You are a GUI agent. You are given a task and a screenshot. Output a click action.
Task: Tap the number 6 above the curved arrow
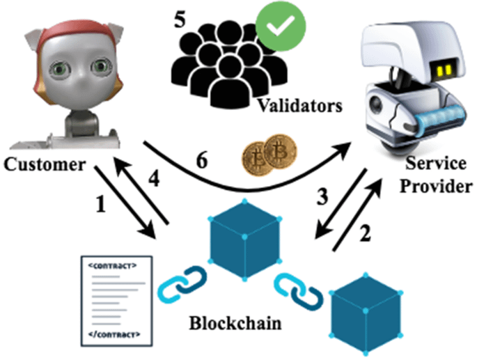click(x=200, y=161)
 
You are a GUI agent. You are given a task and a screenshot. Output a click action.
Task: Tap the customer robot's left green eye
click(x=61, y=69)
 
